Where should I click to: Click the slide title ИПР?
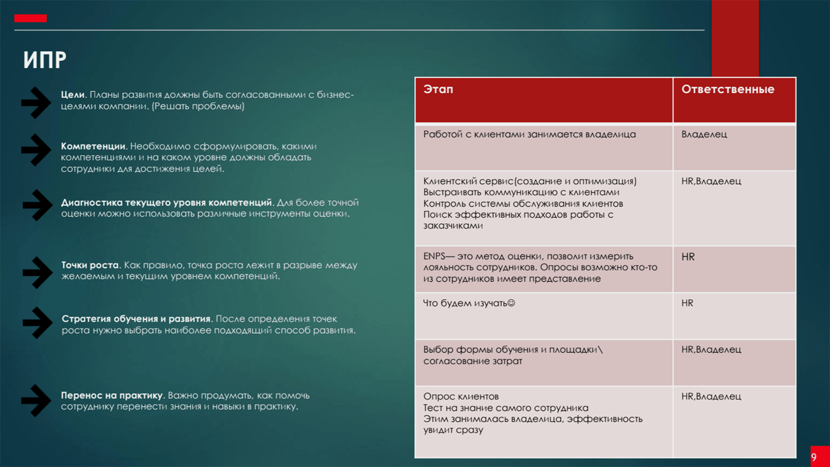tap(45, 60)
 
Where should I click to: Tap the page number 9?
tap(814, 457)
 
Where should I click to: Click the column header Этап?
tap(438, 90)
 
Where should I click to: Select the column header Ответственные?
tap(728, 90)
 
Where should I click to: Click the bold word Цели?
tap(73, 95)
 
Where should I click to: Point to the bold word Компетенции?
tap(93, 146)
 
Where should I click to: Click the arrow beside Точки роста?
tap(37, 272)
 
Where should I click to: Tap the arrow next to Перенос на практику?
tap(36, 401)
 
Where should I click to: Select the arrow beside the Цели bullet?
tap(36, 102)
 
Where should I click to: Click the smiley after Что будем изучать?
tap(511, 303)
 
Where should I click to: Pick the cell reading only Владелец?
tap(704, 134)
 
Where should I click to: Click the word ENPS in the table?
tap(434, 257)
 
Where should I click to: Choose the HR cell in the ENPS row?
tap(688, 257)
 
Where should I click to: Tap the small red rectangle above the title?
tap(30, 18)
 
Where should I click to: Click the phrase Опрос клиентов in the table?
tap(461, 396)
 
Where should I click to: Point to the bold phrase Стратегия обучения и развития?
tap(136, 319)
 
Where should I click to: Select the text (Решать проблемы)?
tap(198, 106)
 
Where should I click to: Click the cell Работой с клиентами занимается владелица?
tap(529, 134)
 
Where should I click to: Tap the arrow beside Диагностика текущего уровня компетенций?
tap(37, 205)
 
